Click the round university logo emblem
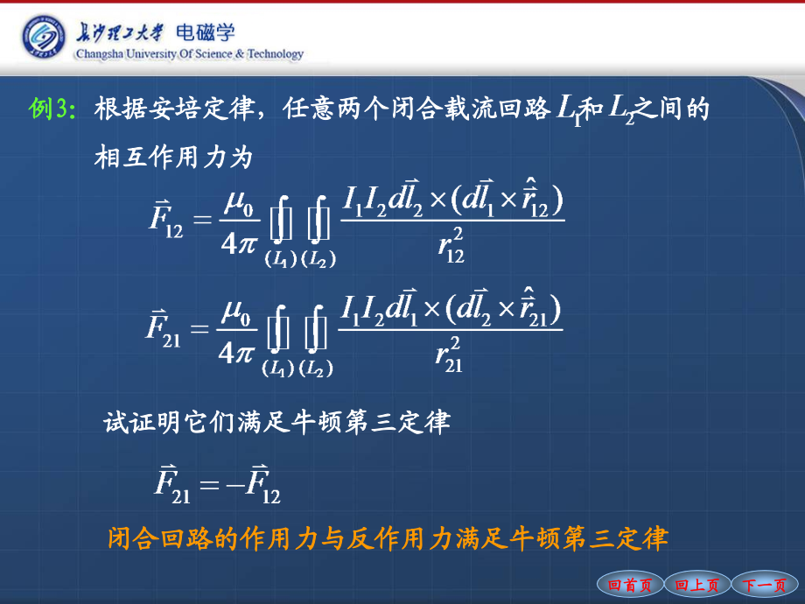coord(44,37)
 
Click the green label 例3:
coord(52,109)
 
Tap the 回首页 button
coord(629,585)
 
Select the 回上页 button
coord(696,585)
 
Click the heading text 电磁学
coord(206,33)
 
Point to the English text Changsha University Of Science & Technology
coord(190,54)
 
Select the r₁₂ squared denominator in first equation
coord(451,245)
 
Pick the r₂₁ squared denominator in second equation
coord(449,355)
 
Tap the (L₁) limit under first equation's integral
coord(281,259)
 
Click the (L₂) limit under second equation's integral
coord(316,368)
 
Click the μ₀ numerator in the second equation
coord(235,312)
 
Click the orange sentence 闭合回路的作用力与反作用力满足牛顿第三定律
coord(388,538)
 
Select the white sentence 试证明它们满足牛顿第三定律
coord(277,422)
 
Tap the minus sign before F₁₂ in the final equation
coord(235,484)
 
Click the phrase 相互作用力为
coord(173,157)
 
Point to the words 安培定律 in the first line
coord(201,109)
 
